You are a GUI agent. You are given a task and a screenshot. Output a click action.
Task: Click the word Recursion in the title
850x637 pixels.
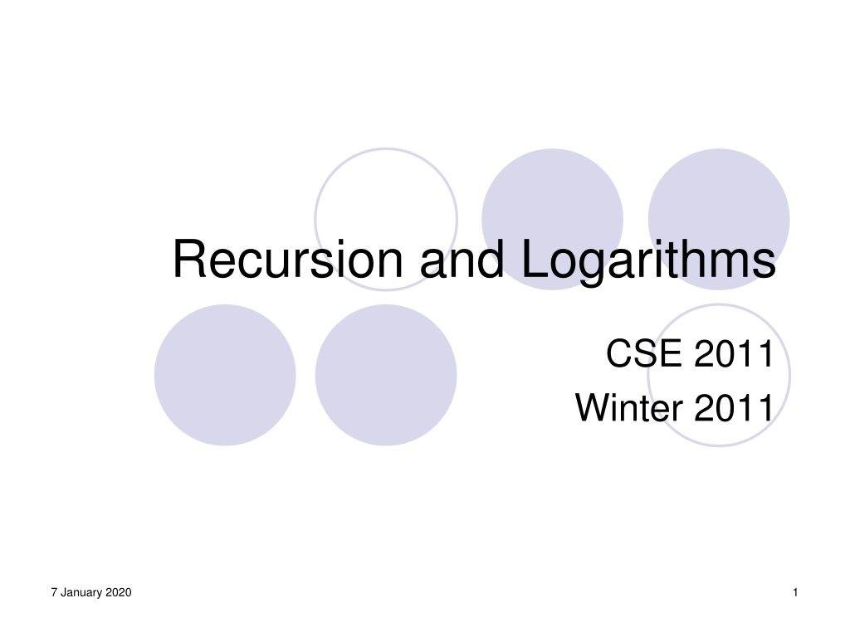click(x=288, y=259)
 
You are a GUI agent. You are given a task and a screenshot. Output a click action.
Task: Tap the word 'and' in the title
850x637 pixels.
click(x=462, y=259)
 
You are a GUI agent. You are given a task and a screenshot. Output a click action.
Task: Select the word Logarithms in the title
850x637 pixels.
click(x=648, y=262)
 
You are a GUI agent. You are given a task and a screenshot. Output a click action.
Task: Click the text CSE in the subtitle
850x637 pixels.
click(x=643, y=353)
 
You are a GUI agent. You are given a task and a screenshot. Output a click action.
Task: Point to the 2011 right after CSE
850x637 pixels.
click(x=734, y=353)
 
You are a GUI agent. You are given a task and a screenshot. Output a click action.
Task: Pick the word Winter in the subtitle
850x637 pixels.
click(x=629, y=407)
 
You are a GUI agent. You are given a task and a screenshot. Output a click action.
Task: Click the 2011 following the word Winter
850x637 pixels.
click(x=734, y=407)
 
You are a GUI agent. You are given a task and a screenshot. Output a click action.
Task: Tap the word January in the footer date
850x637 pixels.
click(x=81, y=592)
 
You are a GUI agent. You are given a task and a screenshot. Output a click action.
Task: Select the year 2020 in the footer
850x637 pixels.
click(x=118, y=592)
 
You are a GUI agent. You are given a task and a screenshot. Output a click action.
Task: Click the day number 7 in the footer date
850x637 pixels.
click(x=54, y=592)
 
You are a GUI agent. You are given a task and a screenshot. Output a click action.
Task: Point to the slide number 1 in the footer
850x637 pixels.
click(x=795, y=592)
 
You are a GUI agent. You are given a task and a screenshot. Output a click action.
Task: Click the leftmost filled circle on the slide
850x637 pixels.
click(x=225, y=375)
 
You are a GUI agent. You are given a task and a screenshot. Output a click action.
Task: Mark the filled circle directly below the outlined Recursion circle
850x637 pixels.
click(x=386, y=375)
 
